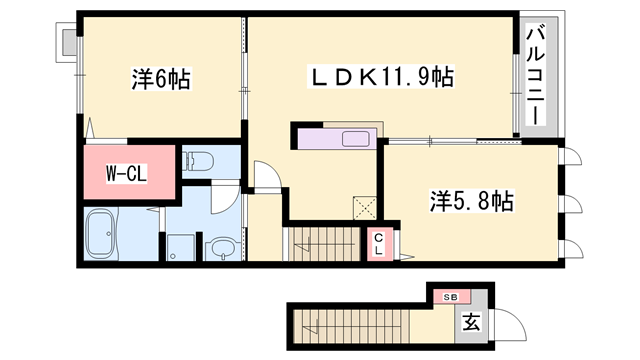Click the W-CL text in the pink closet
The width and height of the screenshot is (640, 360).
[127, 174]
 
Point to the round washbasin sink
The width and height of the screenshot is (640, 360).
[220, 246]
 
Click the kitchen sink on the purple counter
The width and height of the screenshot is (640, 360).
[355, 138]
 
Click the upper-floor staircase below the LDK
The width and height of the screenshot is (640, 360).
[321, 243]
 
